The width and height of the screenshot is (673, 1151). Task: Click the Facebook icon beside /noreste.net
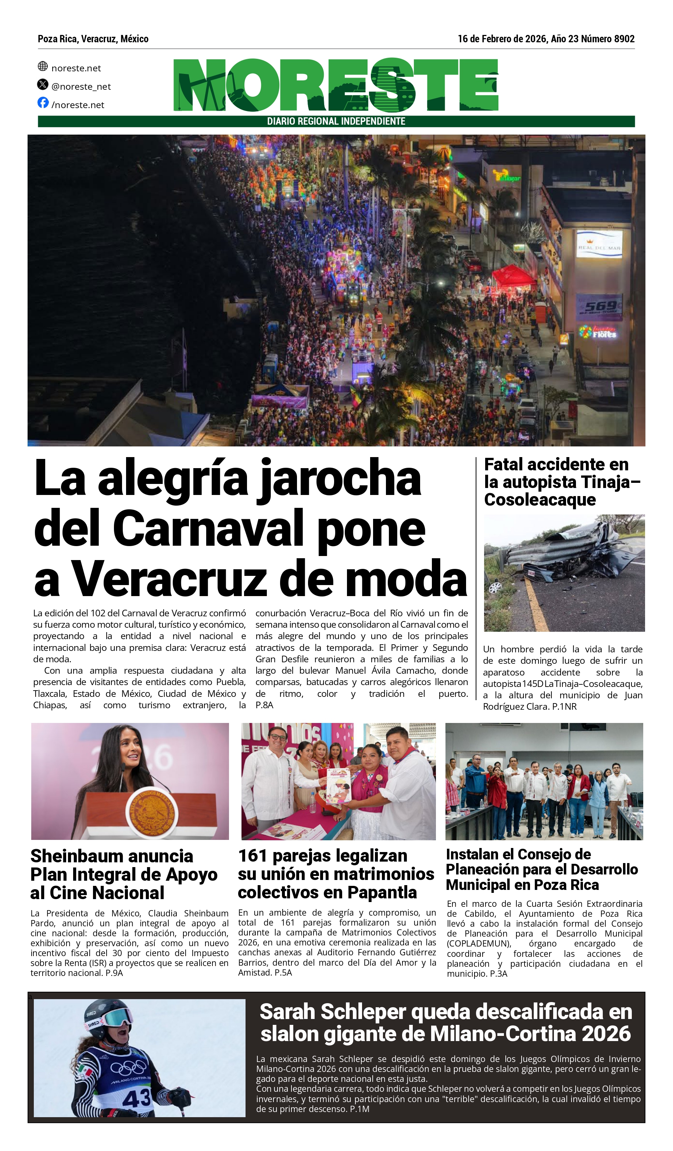click(43, 103)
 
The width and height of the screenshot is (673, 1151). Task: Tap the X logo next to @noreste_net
click(43, 85)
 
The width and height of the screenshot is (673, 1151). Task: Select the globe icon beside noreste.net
click(43, 66)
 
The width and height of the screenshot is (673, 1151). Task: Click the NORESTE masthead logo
click(336, 85)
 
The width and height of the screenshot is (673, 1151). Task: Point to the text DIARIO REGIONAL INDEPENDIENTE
click(336, 121)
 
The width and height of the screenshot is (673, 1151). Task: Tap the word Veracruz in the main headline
click(169, 579)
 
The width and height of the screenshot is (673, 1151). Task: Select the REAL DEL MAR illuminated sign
click(599, 245)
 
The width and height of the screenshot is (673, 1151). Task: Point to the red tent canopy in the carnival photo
click(513, 276)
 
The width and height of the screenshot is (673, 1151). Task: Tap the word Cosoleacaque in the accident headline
click(540, 500)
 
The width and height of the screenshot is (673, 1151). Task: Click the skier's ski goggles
click(117, 1019)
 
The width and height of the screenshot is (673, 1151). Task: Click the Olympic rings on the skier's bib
click(128, 1067)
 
